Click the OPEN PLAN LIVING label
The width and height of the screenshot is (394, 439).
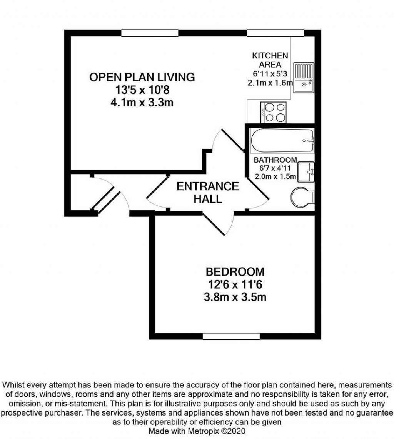(142, 77)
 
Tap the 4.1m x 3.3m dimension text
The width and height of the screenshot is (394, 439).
(142, 103)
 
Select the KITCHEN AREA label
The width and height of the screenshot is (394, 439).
(270, 60)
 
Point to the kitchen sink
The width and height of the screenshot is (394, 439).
(304, 78)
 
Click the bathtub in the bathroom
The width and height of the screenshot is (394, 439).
(282, 141)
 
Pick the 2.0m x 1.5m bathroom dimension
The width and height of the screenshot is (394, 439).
(275, 177)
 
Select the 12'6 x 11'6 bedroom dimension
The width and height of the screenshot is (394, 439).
(235, 284)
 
